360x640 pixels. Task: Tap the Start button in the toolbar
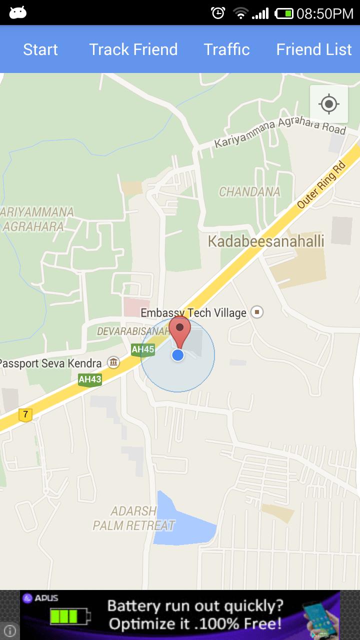coord(40,49)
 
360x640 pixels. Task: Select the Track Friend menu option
coord(133,49)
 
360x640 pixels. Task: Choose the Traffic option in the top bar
coord(226,49)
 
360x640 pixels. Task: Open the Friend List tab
coord(314,49)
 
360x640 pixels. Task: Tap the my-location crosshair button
coord(329,104)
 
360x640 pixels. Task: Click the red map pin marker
coord(179,330)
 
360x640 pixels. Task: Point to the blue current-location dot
coord(178,355)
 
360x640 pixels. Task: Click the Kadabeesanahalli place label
coord(266,241)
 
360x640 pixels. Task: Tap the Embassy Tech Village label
coord(193,313)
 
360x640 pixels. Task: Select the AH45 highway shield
coord(143,349)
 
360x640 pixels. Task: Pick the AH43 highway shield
coord(90,379)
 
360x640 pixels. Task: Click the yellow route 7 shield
coord(25,414)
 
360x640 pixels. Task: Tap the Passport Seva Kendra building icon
coord(113,362)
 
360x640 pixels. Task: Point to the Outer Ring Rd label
coord(321,184)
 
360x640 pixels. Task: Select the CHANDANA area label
coord(249,191)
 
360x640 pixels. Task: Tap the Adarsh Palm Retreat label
coord(134,518)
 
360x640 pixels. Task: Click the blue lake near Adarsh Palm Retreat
coord(180,522)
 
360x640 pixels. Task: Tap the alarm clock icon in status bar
coord(218,13)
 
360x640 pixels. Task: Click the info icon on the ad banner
coord(9,630)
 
